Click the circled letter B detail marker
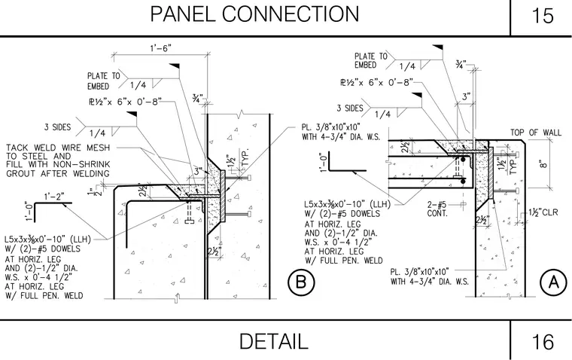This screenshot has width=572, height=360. coord(301,282)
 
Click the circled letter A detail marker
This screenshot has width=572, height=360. coord(553,282)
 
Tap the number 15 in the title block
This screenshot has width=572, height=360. coord(543,16)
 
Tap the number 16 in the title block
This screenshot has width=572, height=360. coord(543,342)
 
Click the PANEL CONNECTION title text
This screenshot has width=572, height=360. coord(254,14)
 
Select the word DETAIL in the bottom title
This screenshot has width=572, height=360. coord(274,341)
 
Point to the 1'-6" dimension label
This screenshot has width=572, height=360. coord(160,48)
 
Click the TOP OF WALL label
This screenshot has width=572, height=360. coord(536,132)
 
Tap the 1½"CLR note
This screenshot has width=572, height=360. coord(543,212)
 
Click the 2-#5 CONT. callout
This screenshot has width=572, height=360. coord(437,209)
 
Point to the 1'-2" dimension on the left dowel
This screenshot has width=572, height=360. coord(54,197)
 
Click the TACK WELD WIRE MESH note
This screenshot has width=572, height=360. coord(58,160)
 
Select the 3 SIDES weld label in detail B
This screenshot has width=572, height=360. coord(58,127)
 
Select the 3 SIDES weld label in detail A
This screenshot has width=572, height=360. coord(350,108)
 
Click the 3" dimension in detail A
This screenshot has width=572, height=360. coord(466,96)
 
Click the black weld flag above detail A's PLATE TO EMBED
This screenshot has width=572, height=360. coord(438,48)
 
